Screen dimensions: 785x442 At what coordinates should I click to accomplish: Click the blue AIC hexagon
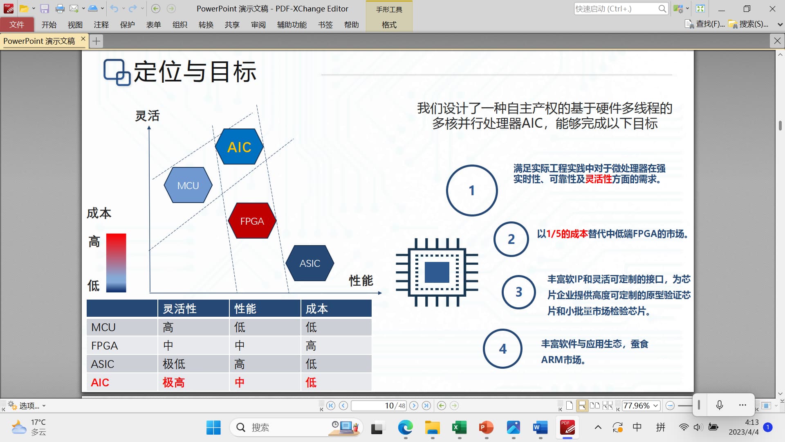(239, 147)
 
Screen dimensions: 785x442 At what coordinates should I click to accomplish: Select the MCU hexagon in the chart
(188, 185)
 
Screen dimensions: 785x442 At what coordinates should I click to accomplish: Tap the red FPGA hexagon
(252, 221)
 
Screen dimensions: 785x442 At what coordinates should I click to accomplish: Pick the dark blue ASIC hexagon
(310, 263)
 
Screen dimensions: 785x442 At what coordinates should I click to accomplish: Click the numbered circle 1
(472, 190)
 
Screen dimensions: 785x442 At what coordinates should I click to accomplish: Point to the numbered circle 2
(511, 239)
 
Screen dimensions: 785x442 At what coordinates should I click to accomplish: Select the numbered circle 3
(519, 292)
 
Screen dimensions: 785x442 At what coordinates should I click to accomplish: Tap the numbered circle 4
(503, 349)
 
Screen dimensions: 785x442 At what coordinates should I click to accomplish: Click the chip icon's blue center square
(437, 272)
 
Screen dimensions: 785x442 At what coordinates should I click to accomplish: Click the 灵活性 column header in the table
(179, 309)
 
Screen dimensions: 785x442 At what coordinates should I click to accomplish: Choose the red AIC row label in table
(100, 382)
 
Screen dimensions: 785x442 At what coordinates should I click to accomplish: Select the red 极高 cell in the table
(174, 382)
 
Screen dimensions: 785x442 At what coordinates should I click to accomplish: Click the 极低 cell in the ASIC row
(174, 364)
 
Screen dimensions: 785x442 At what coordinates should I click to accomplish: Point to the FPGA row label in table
(104, 346)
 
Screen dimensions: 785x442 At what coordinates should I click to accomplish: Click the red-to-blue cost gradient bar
(116, 263)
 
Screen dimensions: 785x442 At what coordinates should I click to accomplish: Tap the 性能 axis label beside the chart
(361, 281)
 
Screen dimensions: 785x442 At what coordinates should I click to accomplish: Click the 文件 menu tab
(17, 25)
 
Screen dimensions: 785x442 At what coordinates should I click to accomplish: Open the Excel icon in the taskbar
(460, 428)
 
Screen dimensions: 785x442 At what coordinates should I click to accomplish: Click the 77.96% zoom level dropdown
(641, 406)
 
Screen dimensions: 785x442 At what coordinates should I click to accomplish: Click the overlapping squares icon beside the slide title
(117, 72)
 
